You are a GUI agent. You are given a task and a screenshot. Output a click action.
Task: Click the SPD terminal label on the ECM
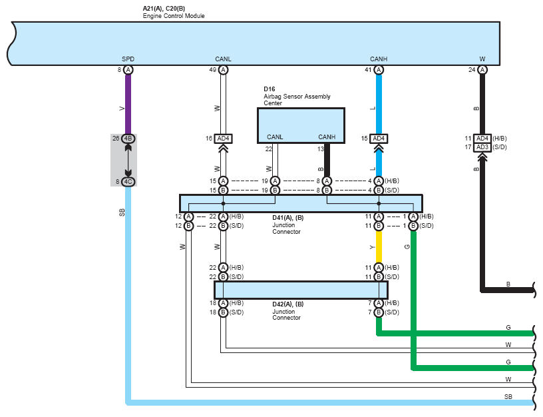pyautogui.click(x=128, y=59)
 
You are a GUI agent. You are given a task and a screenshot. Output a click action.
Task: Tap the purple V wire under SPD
pyautogui.click(x=128, y=104)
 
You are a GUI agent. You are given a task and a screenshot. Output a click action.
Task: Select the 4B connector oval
pyautogui.click(x=128, y=139)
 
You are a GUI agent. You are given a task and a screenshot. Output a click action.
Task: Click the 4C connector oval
pyautogui.click(x=128, y=182)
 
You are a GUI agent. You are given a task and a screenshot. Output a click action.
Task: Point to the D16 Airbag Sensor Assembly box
pyautogui.click(x=301, y=125)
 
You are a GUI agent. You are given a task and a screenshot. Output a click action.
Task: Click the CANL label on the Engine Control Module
pyautogui.click(x=223, y=59)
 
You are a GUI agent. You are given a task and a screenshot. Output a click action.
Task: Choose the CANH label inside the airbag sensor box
pyautogui.click(x=327, y=137)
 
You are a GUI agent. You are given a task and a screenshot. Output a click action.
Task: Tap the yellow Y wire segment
pyautogui.click(x=379, y=247)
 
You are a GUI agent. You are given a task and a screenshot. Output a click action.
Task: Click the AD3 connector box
pyautogui.click(x=482, y=147)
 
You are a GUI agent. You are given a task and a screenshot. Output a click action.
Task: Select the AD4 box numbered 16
pyautogui.click(x=223, y=139)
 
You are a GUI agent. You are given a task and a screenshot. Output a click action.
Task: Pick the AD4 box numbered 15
pyautogui.click(x=379, y=139)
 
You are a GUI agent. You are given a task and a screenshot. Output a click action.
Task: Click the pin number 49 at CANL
pyautogui.click(x=213, y=70)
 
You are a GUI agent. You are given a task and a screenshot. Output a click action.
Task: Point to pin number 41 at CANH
pyautogui.click(x=368, y=70)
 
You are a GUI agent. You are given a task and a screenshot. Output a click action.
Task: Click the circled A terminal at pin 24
pyautogui.click(x=482, y=70)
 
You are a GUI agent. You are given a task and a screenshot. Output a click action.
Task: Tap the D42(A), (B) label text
pyautogui.click(x=287, y=304)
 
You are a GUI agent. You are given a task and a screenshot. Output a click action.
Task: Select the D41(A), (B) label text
pyautogui.click(x=287, y=218)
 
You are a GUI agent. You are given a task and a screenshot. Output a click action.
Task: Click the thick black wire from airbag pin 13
pyautogui.click(x=327, y=160)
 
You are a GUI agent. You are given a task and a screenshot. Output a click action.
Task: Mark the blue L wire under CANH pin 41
pyautogui.click(x=379, y=104)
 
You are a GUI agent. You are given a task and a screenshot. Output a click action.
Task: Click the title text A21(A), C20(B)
pyautogui.click(x=164, y=8)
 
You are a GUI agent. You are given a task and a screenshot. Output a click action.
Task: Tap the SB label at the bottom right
pyautogui.click(x=508, y=396)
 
